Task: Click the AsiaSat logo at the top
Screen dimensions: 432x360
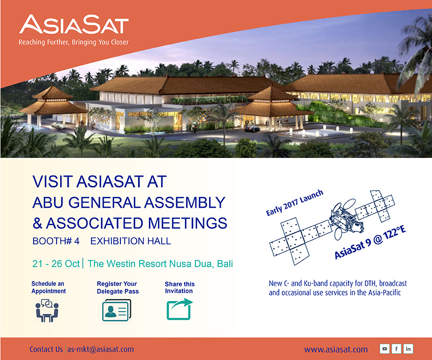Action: click(x=74, y=24)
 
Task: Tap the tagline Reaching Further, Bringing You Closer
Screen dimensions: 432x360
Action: click(x=73, y=42)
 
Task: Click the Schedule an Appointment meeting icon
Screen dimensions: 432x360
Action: click(x=47, y=311)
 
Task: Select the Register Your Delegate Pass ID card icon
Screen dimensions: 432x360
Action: click(x=117, y=311)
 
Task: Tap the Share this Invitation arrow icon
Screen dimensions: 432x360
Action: click(x=180, y=309)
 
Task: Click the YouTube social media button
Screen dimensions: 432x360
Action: click(x=384, y=348)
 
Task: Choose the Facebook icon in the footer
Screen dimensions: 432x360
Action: click(x=396, y=348)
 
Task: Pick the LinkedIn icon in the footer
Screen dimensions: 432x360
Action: click(x=408, y=348)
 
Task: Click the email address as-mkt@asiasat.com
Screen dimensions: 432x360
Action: click(x=101, y=349)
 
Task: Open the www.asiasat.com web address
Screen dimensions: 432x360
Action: click(x=336, y=349)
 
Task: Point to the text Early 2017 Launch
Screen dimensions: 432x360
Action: click(x=294, y=203)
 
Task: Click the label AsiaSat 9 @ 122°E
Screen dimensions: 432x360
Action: click(x=370, y=242)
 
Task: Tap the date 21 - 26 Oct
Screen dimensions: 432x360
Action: click(x=56, y=264)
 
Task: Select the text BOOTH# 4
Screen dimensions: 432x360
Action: click(x=56, y=241)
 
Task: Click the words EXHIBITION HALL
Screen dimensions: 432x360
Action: click(x=131, y=241)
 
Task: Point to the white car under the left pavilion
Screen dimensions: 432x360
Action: click(x=59, y=126)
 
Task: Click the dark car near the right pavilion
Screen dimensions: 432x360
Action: click(x=252, y=128)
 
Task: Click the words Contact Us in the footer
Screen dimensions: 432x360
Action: click(x=46, y=349)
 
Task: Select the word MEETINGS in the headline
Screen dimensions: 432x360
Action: click(x=188, y=223)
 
